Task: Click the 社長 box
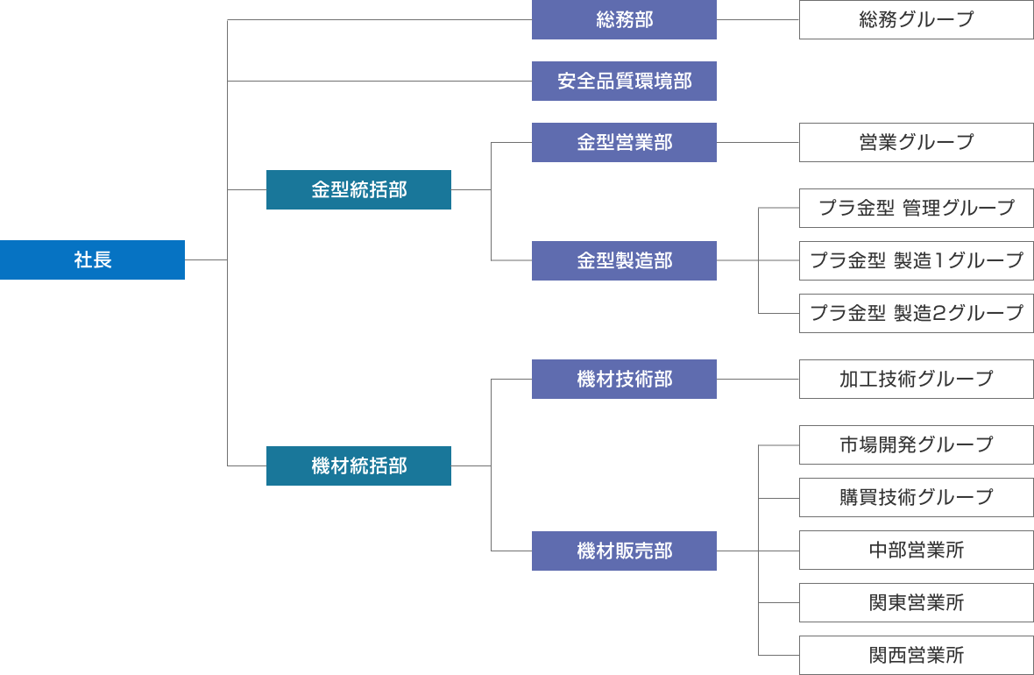pyautogui.click(x=92, y=259)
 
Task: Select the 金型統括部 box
pyautogui.click(x=358, y=189)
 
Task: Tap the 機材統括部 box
pyautogui.click(x=358, y=465)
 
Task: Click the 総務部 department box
pyautogui.click(x=624, y=19)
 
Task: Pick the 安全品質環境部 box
pyautogui.click(x=624, y=81)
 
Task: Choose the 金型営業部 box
pyautogui.click(x=624, y=142)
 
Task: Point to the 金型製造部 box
pyautogui.click(x=624, y=260)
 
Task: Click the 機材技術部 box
pyautogui.click(x=624, y=379)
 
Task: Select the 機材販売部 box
pyautogui.click(x=624, y=551)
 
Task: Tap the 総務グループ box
pyautogui.click(x=916, y=19)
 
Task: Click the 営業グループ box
pyautogui.click(x=916, y=142)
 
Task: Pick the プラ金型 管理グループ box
pyautogui.click(x=916, y=208)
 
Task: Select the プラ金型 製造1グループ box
pyautogui.click(x=916, y=260)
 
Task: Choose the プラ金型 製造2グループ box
pyautogui.click(x=916, y=313)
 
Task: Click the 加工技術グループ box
pyautogui.click(x=916, y=379)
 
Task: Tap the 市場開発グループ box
pyautogui.click(x=916, y=444)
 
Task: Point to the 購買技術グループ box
pyautogui.click(x=916, y=497)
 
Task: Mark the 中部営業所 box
pyautogui.click(x=916, y=551)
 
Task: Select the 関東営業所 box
pyautogui.click(x=916, y=603)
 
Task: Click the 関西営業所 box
pyautogui.click(x=916, y=655)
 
